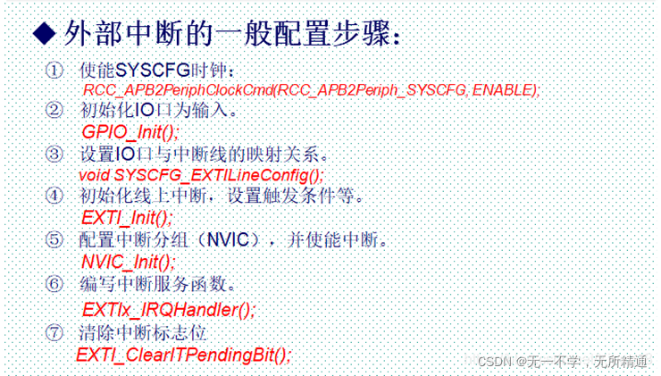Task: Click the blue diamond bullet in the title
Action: coord(45,33)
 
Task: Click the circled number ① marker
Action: coord(54,71)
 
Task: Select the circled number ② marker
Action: coord(54,110)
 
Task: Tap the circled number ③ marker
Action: coord(54,154)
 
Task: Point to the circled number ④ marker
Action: coord(54,196)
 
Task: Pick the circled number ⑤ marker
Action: coord(54,239)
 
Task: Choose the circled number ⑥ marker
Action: coord(54,283)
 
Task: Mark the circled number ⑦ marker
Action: coord(54,332)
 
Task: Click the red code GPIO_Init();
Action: coord(130,132)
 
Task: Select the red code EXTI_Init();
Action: coord(127,218)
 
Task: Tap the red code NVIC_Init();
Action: coord(128,262)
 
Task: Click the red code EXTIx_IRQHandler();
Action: coord(169,310)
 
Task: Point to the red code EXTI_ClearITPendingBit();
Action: coord(184,355)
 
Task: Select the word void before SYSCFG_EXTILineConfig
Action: coord(95,175)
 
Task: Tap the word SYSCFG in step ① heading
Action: coord(153,70)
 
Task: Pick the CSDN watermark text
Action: coord(563,361)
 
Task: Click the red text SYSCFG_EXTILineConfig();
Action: coord(219,175)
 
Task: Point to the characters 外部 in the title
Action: coord(93,33)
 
